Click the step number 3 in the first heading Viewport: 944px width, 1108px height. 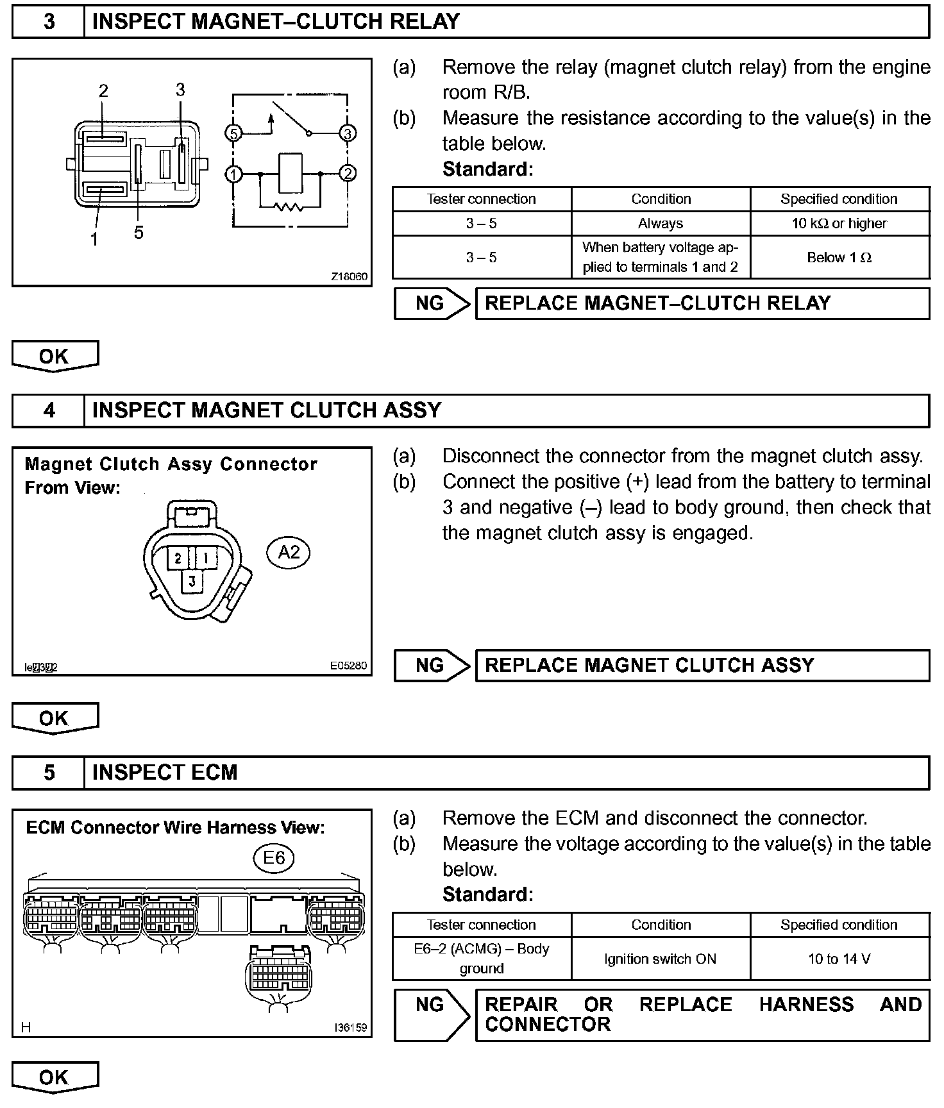[49, 22]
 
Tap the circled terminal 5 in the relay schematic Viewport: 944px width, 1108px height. [233, 133]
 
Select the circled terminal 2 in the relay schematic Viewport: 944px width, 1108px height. [348, 173]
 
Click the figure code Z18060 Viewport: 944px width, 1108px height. [350, 277]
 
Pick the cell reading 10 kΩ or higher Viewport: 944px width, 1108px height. [839, 224]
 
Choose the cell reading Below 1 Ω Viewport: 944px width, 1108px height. [839, 258]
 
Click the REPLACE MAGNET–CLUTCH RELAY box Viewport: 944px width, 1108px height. [702, 303]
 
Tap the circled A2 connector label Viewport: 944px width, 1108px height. [289, 552]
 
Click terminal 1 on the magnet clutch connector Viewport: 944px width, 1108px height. [206, 558]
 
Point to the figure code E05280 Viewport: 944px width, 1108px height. [349, 666]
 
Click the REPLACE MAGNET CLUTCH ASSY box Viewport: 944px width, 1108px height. [702, 665]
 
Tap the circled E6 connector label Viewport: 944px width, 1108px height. [274, 857]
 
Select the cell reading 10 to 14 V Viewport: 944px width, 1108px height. [839, 959]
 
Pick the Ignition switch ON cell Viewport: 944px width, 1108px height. [661, 959]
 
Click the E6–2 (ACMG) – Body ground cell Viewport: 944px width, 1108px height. [482, 959]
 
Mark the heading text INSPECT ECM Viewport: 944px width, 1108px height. [165, 773]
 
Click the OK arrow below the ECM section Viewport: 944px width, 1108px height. [55, 1077]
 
